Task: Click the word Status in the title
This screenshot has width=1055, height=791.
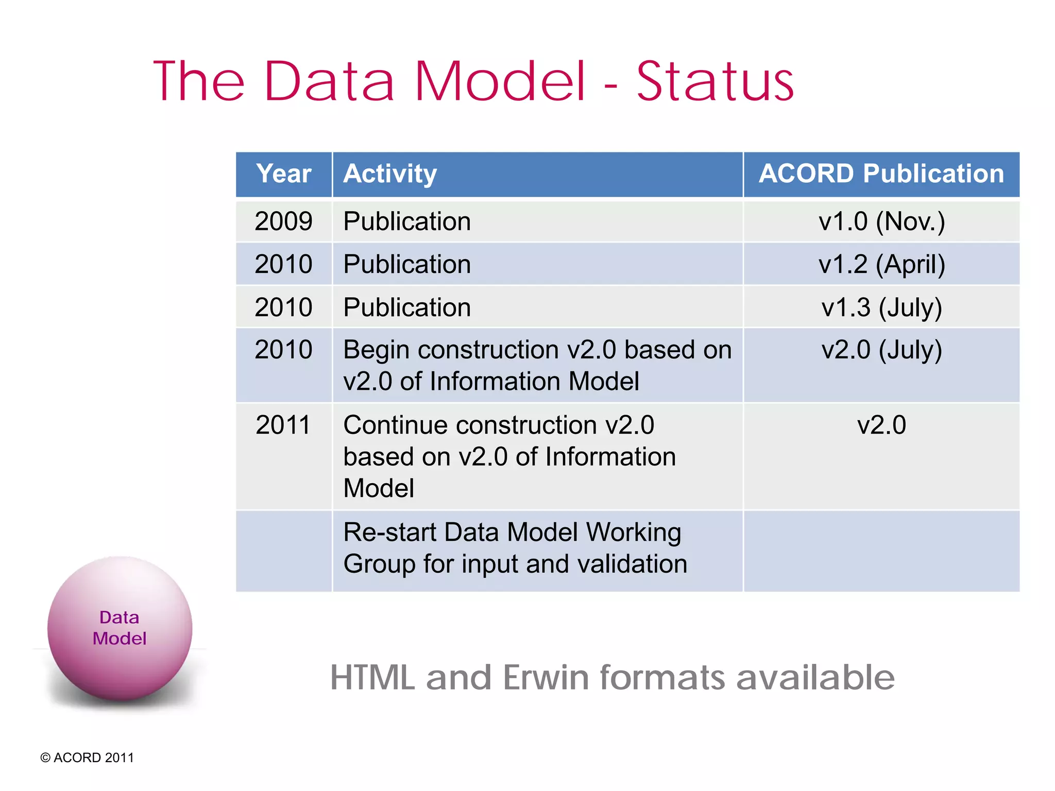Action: tap(715, 82)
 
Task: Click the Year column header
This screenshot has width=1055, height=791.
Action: tap(284, 174)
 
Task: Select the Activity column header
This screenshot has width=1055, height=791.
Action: tap(390, 174)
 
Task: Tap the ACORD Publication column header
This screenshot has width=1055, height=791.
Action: tap(881, 174)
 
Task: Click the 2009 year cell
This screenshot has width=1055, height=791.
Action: tap(284, 221)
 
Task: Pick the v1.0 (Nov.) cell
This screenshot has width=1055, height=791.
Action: tap(881, 221)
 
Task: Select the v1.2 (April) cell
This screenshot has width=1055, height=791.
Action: tap(881, 264)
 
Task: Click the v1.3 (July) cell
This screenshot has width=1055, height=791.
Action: tap(881, 307)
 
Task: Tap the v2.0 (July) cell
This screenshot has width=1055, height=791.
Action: tap(881, 350)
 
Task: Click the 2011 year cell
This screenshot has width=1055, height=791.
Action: tap(284, 425)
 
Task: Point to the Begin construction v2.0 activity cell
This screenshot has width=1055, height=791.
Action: tap(537, 365)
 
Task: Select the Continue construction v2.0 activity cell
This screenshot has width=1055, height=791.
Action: tap(509, 456)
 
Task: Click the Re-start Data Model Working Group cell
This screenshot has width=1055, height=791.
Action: tap(515, 548)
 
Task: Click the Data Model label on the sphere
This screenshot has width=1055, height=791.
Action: tap(120, 628)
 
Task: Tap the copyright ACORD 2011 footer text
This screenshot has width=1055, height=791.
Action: tap(87, 758)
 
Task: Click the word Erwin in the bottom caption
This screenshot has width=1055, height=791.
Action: tap(546, 677)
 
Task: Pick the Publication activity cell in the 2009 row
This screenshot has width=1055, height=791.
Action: tap(407, 221)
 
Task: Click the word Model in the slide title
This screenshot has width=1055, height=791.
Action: tap(500, 82)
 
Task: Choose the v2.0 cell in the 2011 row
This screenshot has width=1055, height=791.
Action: tap(881, 425)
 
